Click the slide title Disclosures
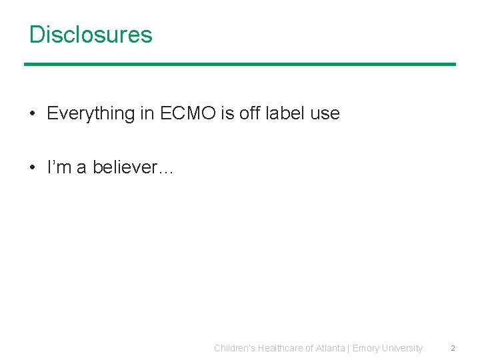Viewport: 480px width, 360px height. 91,35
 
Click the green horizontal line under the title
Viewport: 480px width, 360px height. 240,64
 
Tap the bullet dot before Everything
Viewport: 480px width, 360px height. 33,114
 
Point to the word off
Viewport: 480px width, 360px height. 249,113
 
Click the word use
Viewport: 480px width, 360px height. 325,114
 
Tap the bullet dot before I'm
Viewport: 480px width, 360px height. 33,167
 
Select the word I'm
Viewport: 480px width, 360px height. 59,167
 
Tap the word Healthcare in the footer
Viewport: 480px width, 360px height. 284,348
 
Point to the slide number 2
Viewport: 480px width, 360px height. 453,348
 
